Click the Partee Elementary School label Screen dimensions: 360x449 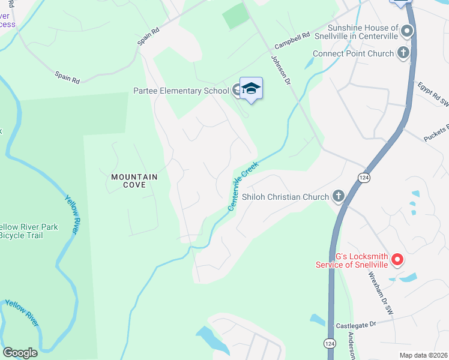click(181, 91)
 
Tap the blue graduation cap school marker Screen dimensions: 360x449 click(252, 89)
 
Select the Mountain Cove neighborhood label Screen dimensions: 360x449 click(134, 181)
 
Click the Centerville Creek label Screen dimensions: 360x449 click(243, 185)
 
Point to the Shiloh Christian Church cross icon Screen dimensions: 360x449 click(339, 196)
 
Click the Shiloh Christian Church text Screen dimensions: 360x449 click(285, 197)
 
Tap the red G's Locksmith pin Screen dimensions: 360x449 click(397, 260)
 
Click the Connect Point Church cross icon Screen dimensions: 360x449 click(403, 53)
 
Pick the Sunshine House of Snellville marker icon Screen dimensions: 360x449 click(408, 30)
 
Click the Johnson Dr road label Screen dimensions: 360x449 click(280, 71)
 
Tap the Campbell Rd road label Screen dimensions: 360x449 click(292, 41)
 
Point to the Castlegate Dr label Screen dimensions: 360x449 click(355, 323)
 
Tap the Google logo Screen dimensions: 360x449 click(20, 353)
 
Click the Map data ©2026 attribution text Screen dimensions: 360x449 click(423, 355)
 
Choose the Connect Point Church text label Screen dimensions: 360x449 click(354, 53)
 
